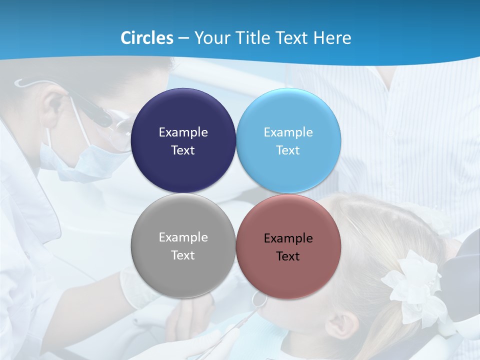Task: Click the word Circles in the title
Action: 147,38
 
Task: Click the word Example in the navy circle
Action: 183,132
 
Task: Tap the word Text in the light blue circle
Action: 288,150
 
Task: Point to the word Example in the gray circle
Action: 183,237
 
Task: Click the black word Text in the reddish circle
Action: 288,256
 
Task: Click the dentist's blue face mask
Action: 80,160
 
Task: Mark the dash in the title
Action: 183,38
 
